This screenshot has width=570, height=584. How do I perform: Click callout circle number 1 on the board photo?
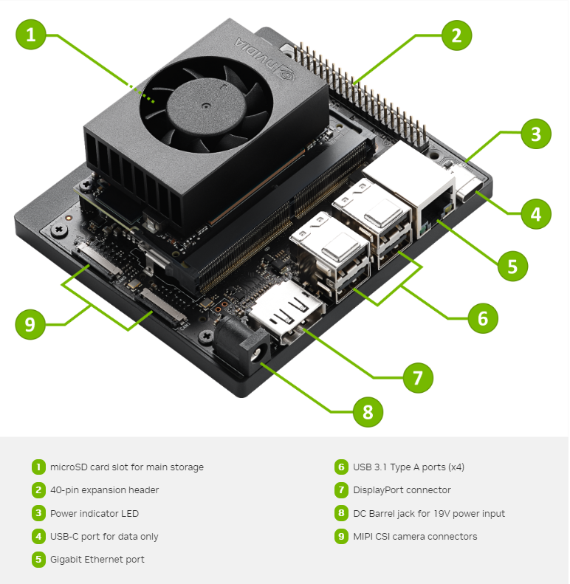31,35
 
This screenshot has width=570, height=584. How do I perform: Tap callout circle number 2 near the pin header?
456,35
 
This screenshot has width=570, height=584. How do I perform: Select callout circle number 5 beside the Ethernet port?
512,265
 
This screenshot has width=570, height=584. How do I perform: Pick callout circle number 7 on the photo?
418,378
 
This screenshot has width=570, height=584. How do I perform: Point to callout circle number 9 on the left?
30,325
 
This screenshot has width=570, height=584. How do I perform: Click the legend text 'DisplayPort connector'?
402,489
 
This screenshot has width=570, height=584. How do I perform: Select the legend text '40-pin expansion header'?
104,489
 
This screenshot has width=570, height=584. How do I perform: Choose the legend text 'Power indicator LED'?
94,513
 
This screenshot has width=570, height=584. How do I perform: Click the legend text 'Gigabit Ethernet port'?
97,559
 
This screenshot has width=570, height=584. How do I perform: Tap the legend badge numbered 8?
341,513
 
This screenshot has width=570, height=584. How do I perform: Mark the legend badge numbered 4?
38,537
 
